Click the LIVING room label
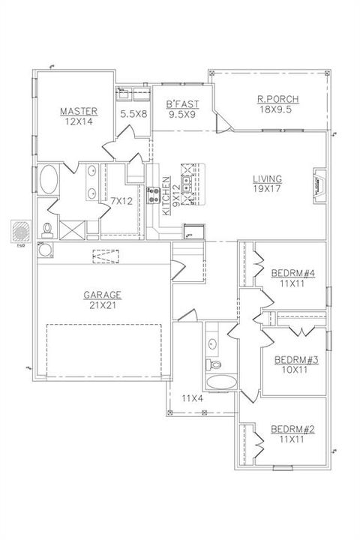pos(267,178)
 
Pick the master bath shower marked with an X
pos(73,227)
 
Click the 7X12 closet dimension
pos(121,200)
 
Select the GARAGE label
pos(103,295)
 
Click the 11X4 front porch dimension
pos(193,397)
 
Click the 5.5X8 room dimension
pos(133,115)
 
